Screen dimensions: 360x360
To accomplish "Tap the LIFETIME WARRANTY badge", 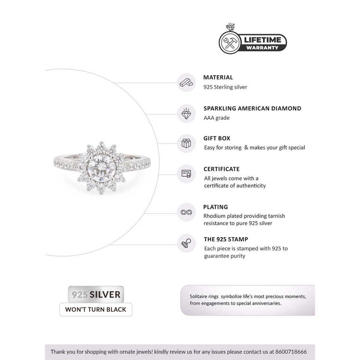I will (x=253, y=43).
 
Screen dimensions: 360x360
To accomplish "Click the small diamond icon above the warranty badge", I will (x=230, y=28).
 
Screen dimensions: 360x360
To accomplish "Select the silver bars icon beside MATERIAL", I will (x=186, y=82).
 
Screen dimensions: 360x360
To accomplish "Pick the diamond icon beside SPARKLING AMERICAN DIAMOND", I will (x=186, y=113).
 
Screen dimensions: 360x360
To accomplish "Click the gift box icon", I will (x=186, y=143).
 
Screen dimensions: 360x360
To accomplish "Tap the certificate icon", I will (x=186, y=174).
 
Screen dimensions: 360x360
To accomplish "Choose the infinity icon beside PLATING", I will (x=186, y=212).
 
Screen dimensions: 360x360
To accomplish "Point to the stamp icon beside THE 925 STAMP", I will (x=186, y=243).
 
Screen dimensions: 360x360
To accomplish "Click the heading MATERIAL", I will (x=218, y=78).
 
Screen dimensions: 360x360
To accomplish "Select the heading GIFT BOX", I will (x=217, y=138).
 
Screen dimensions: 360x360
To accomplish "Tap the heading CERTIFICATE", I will (x=221, y=169).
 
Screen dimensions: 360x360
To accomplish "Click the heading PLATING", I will (x=216, y=207).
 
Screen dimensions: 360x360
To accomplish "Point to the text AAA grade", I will (x=216, y=118).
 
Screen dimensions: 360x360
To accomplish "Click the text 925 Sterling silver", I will (x=225, y=87).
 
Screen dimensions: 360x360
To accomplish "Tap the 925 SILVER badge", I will (x=96, y=294).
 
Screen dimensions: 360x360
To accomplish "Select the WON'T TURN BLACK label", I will (x=96, y=310).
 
